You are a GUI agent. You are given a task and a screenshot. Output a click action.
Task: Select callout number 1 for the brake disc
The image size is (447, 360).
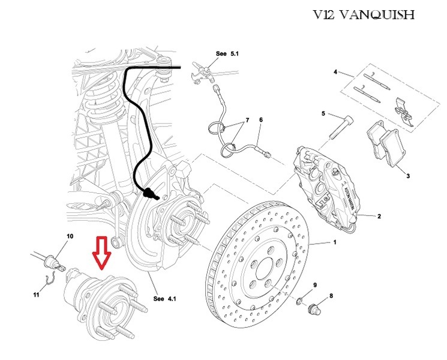335,243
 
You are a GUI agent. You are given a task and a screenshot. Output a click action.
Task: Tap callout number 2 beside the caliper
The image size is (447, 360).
379,215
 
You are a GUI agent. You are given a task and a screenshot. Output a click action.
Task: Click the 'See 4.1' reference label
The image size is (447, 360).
163,298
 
